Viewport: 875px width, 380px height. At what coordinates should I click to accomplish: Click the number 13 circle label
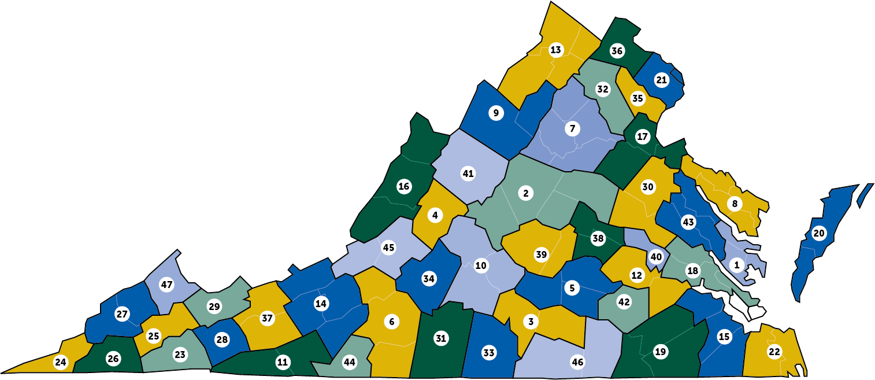[x=556, y=50]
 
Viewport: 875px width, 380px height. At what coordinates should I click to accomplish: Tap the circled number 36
[x=617, y=51]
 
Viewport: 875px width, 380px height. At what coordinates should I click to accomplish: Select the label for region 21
[x=662, y=80]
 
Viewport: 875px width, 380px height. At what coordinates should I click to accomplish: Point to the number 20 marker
[x=819, y=233]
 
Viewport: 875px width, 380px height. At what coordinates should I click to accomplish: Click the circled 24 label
[x=60, y=362]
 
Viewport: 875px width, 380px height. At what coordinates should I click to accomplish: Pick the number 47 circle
[x=166, y=285]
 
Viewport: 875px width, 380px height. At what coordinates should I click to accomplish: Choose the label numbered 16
[x=404, y=186]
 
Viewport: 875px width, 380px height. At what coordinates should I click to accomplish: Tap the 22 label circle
[x=774, y=351]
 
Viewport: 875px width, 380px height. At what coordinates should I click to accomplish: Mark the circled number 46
[x=577, y=363]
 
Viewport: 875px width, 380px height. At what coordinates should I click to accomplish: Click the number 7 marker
[x=572, y=128]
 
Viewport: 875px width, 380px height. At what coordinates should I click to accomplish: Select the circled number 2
[x=526, y=193]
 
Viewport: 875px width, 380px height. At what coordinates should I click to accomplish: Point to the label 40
[x=656, y=257]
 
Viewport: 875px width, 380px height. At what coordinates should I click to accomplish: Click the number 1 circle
[x=736, y=265]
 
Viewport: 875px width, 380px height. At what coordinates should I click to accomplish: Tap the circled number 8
[x=735, y=204]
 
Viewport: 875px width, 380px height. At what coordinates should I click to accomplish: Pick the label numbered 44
[x=349, y=362]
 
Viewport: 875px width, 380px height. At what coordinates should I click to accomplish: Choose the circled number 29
[x=214, y=307]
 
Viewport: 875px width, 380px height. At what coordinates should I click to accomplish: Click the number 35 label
[x=637, y=98]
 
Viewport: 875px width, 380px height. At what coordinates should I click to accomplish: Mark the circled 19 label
[x=660, y=351]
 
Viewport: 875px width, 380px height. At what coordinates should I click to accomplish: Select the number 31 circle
[x=441, y=338]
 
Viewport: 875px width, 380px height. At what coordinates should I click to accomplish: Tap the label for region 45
[x=388, y=248]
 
